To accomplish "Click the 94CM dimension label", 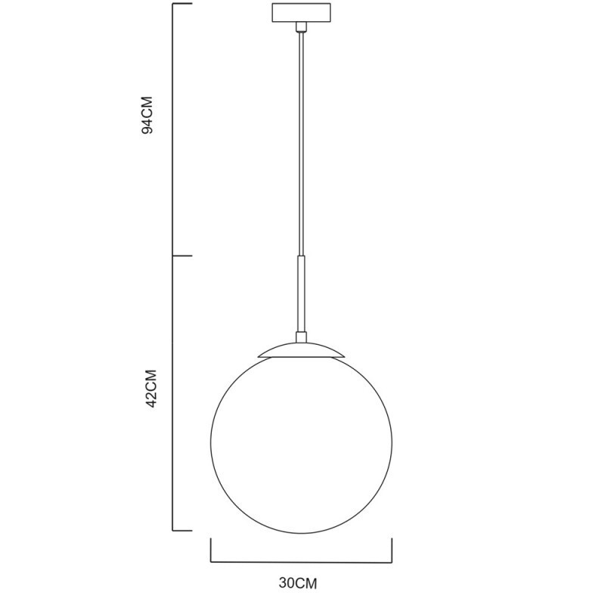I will point(148,115).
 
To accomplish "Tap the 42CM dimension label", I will point(149,389).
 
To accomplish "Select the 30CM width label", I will point(297,584).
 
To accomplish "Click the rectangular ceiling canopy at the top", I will point(301,14).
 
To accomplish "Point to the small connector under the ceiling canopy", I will point(301,28).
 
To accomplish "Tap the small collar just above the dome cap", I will point(301,337).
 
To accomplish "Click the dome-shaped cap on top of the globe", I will point(301,349).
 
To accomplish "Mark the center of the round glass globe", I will point(301,443).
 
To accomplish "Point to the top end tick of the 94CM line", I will point(183,4).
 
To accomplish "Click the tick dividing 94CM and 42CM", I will point(183,256).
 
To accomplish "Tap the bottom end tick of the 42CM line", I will point(183,529).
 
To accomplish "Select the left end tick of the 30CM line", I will point(210,551).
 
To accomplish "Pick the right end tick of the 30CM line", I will point(392,551).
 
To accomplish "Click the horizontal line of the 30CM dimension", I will point(301,563).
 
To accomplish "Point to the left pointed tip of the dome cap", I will point(259,356).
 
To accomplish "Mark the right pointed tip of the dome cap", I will point(344,356).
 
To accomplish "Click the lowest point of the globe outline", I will point(301,534).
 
